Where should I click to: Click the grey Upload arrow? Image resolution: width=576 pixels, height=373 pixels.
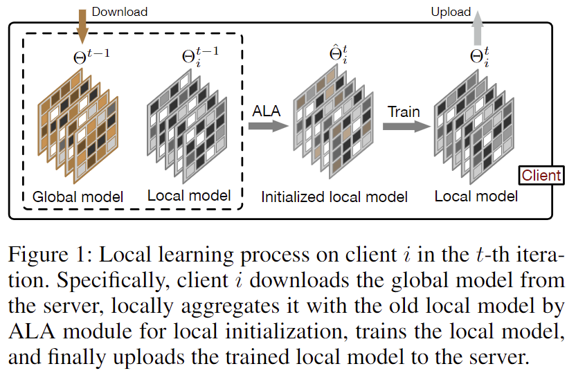(x=478, y=28)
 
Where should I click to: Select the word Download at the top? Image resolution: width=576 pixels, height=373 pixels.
(x=120, y=12)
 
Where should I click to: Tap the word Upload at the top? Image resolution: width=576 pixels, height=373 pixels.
(x=451, y=12)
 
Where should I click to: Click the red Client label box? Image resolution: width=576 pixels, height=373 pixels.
(x=541, y=176)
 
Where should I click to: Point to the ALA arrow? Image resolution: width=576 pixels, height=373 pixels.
(x=269, y=126)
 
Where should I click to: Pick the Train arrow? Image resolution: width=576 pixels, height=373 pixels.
(x=406, y=126)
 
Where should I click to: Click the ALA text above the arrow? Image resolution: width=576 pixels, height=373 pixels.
(x=267, y=111)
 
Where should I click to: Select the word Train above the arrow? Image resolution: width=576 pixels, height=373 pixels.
(x=404, y=111)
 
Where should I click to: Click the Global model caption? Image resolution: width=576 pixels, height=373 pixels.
(x=78, y=197)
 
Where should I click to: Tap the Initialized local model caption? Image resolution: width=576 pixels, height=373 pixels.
(x=334, y=197)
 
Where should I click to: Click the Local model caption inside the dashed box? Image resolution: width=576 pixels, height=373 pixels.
(x=189, y=196)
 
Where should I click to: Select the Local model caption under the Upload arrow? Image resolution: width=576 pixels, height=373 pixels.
(x=476, y=197)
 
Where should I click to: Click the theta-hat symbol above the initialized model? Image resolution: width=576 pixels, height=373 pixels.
(x=339, y=54)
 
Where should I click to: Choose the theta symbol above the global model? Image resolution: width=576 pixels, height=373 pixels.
(x=91, y=57)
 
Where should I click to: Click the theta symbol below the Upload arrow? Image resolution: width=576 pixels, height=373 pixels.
(x=480, y=57)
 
